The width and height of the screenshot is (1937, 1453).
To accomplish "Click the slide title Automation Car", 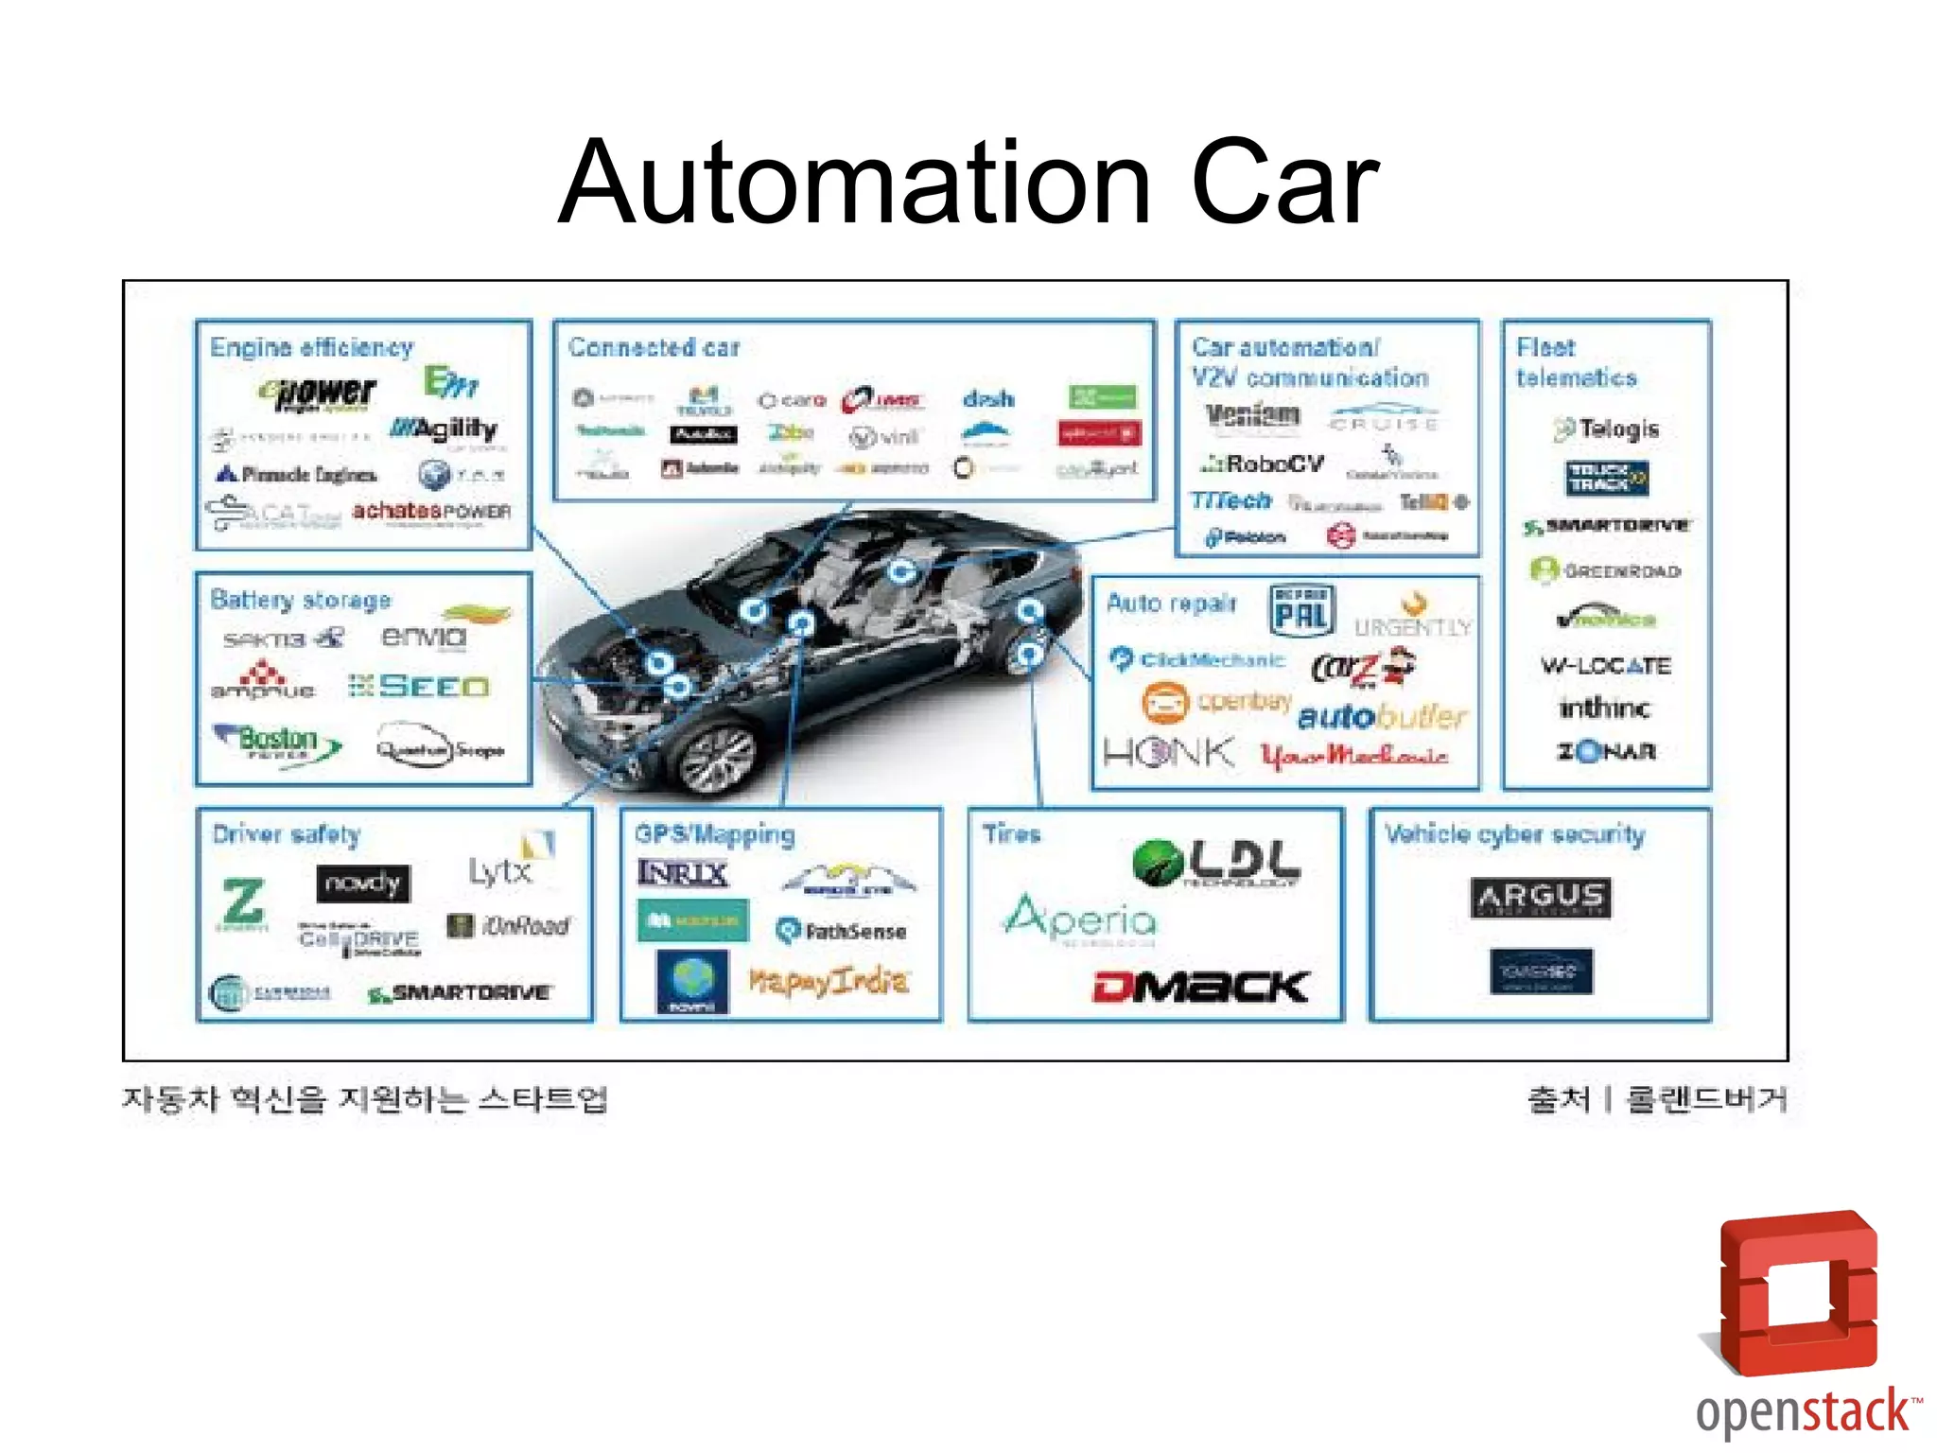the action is [x=968, y=182].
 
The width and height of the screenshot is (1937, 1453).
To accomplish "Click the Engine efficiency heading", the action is [x=311, y=347].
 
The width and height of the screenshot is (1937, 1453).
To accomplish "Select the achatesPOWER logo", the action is [x=431, y=512].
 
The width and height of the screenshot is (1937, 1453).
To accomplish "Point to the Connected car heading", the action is [x=654, y=347].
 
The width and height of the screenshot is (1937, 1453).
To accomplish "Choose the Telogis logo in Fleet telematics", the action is [x=1607, y=429].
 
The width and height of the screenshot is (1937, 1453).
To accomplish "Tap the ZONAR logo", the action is [x=1607, y=752].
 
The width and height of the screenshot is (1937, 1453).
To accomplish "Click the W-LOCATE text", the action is [x=1606, y=666].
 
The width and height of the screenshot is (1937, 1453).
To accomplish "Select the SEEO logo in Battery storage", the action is [x=420, y=687].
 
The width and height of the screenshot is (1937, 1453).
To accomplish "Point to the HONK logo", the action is [x=1169, y=753].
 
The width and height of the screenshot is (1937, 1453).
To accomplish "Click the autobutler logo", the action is [x=1382, y=716].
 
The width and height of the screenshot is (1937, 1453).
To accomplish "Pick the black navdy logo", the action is [x=363, y=884].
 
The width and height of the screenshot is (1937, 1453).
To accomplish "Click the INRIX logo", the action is [x=683, y=872].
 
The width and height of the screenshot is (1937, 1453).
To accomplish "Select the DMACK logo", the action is [x=1200, y=986].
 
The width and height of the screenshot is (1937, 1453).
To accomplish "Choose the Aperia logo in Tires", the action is [x=1080, y=918].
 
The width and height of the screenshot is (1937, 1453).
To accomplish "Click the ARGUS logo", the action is [x=1541, y=897].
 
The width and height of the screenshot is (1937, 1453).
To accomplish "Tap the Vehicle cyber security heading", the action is [x=1514, y=834].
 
